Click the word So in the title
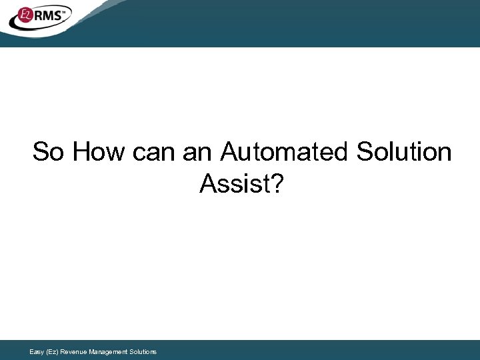coord(49,152)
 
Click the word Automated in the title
coord(285,152)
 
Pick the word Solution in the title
coord(403,152)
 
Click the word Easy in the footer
coord(37,351)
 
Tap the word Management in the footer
coord(109,351)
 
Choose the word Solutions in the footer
coord(143,351)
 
